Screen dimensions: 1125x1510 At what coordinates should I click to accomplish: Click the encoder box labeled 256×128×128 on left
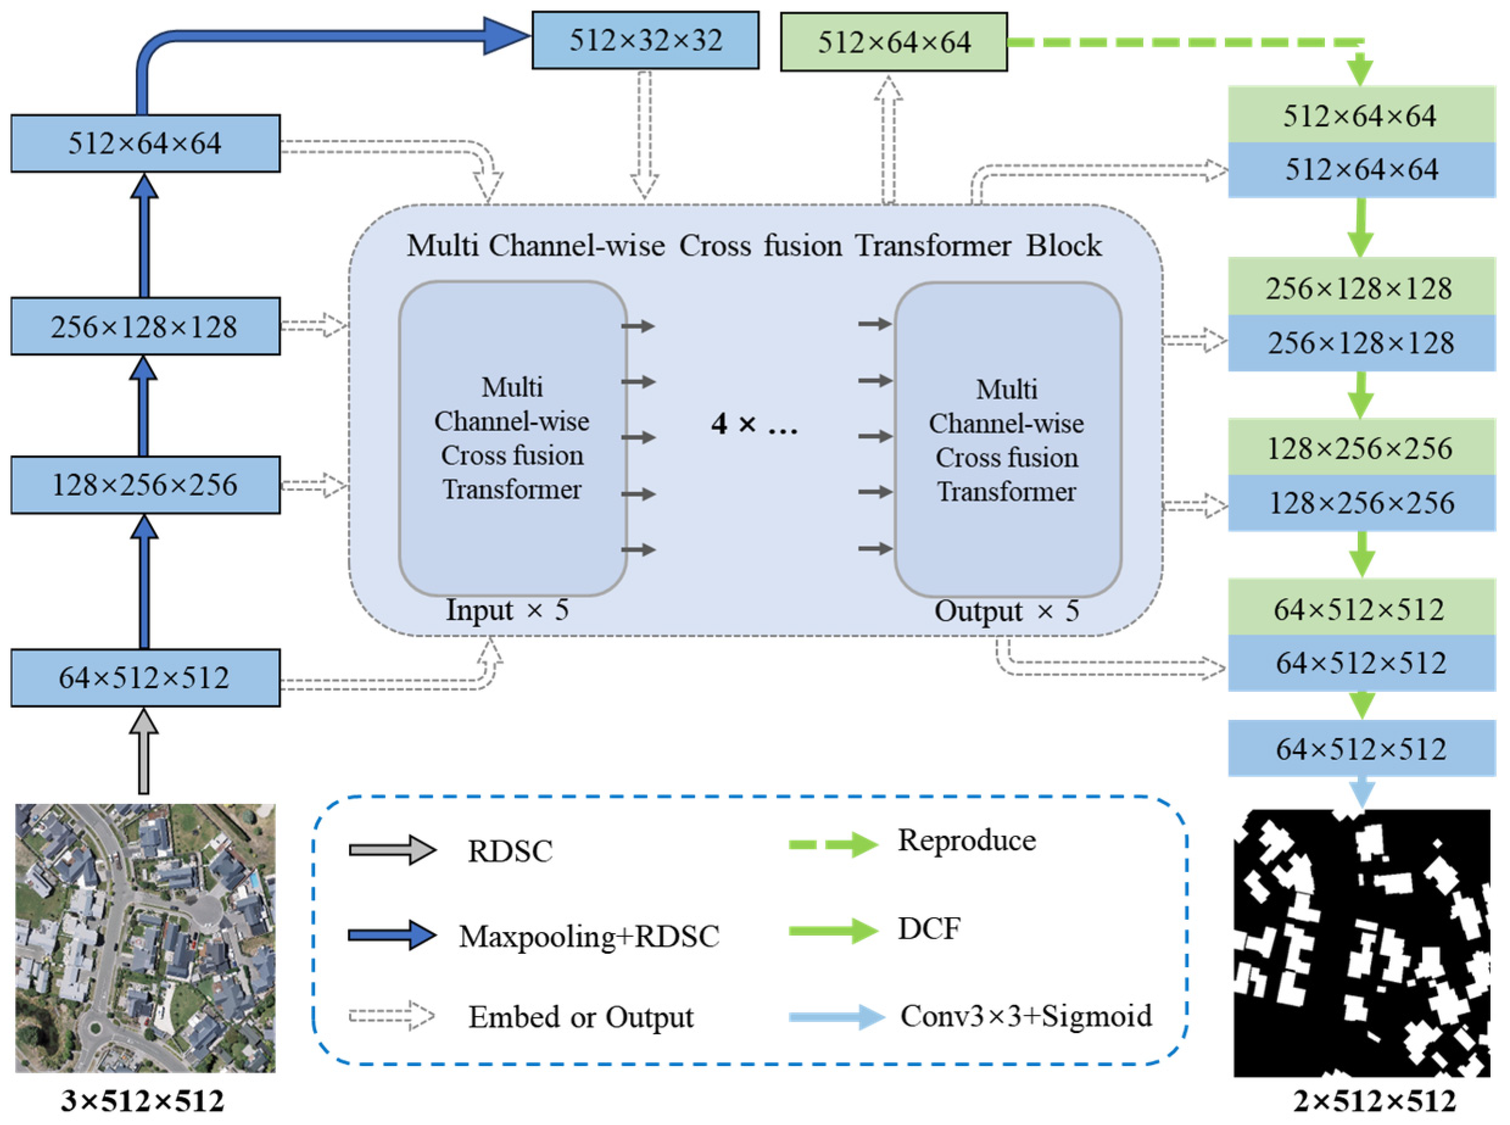(x=144, y=326)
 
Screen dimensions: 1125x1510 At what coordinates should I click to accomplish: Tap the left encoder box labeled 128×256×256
(x=144, y=485)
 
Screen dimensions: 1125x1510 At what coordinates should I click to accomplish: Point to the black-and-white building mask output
(x=1361, y=942)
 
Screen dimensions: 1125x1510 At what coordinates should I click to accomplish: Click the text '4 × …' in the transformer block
(x=754, y=425)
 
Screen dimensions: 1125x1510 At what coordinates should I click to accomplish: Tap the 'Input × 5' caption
(x=507, y=610)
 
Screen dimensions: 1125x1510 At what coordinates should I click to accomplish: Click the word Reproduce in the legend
(x=966, y=841)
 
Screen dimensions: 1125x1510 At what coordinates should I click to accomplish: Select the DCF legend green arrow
(x=832, y=930)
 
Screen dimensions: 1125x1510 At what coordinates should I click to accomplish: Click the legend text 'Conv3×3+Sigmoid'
(x=1025, y=1016)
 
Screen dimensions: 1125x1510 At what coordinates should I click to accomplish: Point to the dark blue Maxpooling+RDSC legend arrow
(x=392, y=935)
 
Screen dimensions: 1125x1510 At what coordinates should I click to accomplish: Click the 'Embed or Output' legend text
(x=580, y=1017)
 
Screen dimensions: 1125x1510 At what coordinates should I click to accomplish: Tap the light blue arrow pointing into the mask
(x=1361, y=792)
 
